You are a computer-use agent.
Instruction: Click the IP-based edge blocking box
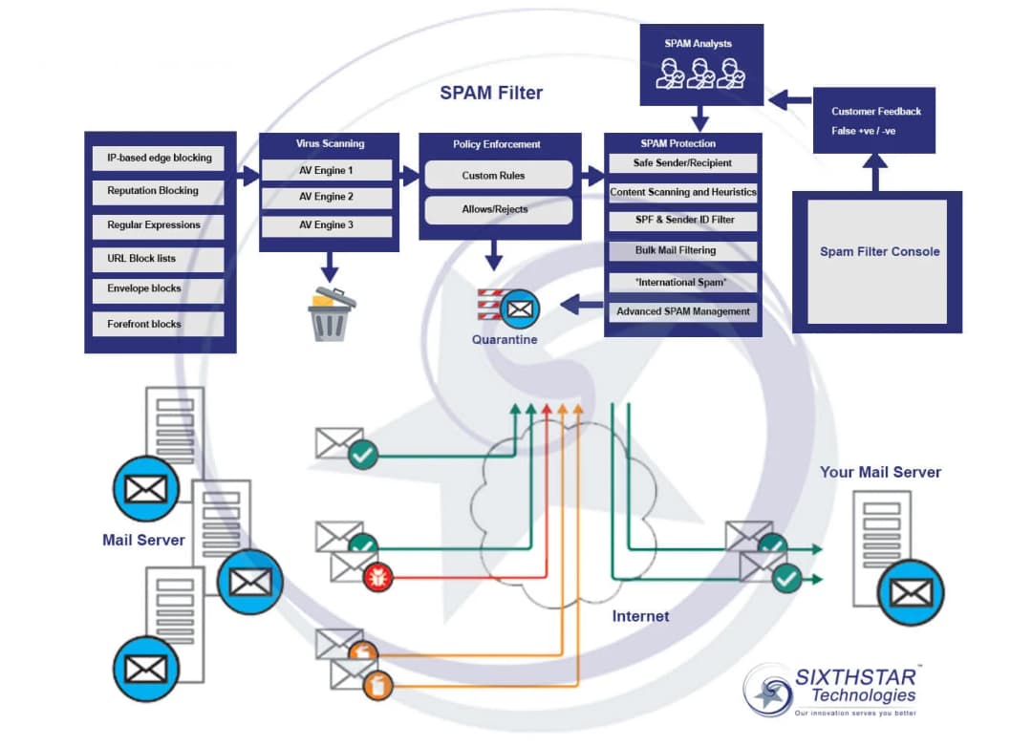(x=159, y=158)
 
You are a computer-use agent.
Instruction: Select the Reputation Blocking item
(x=159, y=191)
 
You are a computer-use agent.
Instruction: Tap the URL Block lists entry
(x=159, y=259)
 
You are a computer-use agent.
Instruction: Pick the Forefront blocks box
(x=159, y=324)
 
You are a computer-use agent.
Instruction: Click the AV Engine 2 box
(x=328, y=198)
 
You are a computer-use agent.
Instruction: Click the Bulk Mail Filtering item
(x=682, y=251)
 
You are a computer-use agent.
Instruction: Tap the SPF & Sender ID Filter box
(x=682, y=221)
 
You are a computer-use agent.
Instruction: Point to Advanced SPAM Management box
(x=682, y=311)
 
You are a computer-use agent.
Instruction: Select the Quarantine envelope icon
(x=521, y=309)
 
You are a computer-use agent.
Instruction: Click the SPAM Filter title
(x=491, y=93)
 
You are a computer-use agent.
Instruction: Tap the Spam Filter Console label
(x=879, y=252)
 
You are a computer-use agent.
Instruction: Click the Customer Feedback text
(x=876, y=112)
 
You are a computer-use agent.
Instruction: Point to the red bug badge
(x=378, y=577)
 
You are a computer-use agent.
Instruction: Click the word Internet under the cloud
(x=640, y=616)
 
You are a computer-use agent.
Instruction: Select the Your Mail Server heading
(x=880, y=472)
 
